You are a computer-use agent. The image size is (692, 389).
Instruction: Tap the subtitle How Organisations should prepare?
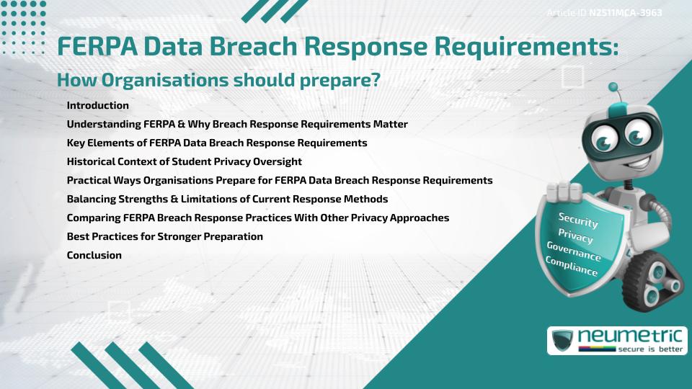point(218,81)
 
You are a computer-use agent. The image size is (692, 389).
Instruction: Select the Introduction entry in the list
point(97,105)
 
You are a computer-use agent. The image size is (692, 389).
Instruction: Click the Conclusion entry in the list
point(94,255)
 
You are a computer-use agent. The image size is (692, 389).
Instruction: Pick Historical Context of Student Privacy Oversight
point(184,161)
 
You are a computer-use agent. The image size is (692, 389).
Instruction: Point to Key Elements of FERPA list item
point(216,143)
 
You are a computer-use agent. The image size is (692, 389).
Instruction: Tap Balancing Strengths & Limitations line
point(227,199)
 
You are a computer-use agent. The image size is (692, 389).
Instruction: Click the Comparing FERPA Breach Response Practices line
point(257,218)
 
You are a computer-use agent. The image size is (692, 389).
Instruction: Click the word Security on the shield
point(578,220)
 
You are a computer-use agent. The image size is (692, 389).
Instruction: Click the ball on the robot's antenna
point(614,88)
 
